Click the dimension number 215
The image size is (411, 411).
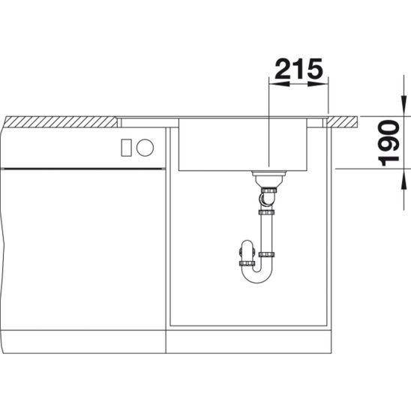(298, 69)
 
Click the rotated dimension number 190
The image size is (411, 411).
(388, 142)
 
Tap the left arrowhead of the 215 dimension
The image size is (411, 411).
(280, 84)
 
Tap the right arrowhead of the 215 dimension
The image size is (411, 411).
(318, 84)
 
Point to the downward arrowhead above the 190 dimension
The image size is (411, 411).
(403, 106)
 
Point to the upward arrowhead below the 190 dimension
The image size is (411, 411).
(403, 179)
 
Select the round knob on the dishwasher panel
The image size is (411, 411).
(145, 148)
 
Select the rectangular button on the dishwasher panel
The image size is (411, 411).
(126, 148)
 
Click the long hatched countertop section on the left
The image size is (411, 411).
(61, 122)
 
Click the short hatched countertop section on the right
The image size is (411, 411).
(342, 122)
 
